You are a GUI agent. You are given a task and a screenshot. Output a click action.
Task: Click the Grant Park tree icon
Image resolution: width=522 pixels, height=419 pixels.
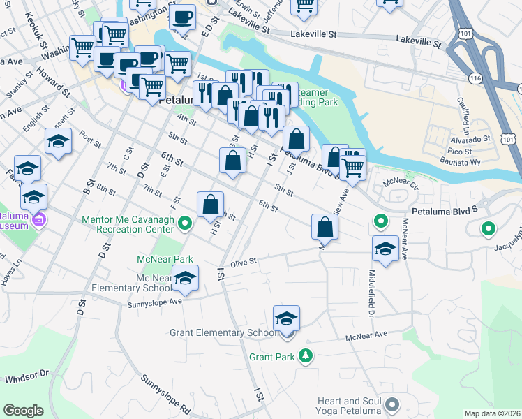(x=305, y=357)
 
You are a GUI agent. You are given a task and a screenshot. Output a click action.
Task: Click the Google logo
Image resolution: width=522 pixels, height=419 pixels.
(x=23, y=410)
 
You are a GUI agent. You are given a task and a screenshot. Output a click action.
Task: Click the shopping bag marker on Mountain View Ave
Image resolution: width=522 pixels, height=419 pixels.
(x=325, y=227)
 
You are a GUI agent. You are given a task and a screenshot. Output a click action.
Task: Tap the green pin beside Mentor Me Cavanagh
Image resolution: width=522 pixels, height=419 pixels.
(x=184, y=224)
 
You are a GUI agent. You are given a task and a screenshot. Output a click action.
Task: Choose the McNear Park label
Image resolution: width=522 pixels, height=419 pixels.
(x=165, y=259)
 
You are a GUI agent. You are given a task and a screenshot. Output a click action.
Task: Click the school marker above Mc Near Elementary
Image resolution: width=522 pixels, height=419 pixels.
(x=185, y=278)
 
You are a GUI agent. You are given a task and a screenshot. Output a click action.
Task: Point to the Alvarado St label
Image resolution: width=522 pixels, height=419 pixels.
(x=464, y=139)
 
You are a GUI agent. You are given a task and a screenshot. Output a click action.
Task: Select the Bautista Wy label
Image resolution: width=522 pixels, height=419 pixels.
(x=465, y=162)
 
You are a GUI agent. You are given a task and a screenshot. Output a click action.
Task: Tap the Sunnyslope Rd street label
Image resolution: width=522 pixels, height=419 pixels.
(x=165, y=394)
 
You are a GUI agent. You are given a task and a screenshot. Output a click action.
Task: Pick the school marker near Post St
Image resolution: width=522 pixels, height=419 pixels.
(x=59, y=142)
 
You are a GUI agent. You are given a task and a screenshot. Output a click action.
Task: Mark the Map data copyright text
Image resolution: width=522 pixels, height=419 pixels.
(x=492, y=413)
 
